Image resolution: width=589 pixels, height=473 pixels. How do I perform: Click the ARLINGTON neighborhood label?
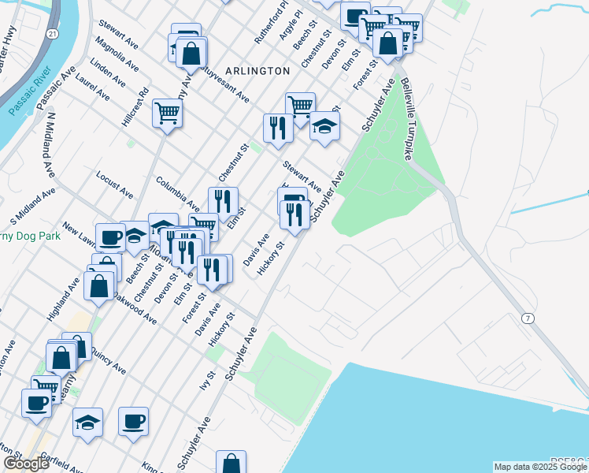[x=257, y=71]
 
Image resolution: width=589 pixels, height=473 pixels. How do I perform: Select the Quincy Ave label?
[x=109, y=363]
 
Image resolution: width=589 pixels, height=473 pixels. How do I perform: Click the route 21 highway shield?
[x=51, y=35]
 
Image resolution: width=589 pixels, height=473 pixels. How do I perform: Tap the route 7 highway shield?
[x=525, y=317]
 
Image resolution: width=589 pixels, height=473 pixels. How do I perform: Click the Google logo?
[x=26, y=464]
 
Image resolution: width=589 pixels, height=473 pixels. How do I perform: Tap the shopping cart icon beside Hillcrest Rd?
[x=168, y=113]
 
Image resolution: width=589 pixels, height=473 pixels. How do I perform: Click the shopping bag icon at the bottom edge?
[x=231, y=464]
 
